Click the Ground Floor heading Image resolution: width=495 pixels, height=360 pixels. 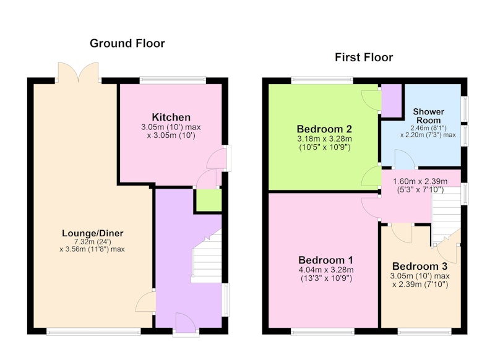pos(127,43)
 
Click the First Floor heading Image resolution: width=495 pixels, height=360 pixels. pos(364,58)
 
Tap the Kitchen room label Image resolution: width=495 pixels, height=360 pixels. pos(171,117)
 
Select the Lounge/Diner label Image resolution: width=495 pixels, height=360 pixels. pos(92,233)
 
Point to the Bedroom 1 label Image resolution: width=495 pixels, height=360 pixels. pos(326,260)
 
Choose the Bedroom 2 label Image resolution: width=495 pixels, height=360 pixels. pos(324,129)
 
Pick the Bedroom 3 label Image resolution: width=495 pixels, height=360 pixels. pos(420,267)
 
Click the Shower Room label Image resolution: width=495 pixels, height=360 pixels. pos(428,116)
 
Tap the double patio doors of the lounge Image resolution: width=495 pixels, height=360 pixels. pos(79,72)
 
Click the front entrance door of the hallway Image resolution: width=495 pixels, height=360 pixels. pos(186,324)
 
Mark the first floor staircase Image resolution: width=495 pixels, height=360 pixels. pos(446,218)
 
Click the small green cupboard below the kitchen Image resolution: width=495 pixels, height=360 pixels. pos(209,200)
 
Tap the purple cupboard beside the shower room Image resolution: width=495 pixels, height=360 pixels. pos(392,100)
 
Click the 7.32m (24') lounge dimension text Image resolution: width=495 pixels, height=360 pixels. pos(92,242)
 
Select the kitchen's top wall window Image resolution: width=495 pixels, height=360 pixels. pos(173,80)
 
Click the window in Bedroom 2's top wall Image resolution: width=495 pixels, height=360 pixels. pos(322,80)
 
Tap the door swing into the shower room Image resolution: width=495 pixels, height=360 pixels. pos(405,160)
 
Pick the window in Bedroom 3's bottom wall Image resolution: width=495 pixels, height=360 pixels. pos(424,332)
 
